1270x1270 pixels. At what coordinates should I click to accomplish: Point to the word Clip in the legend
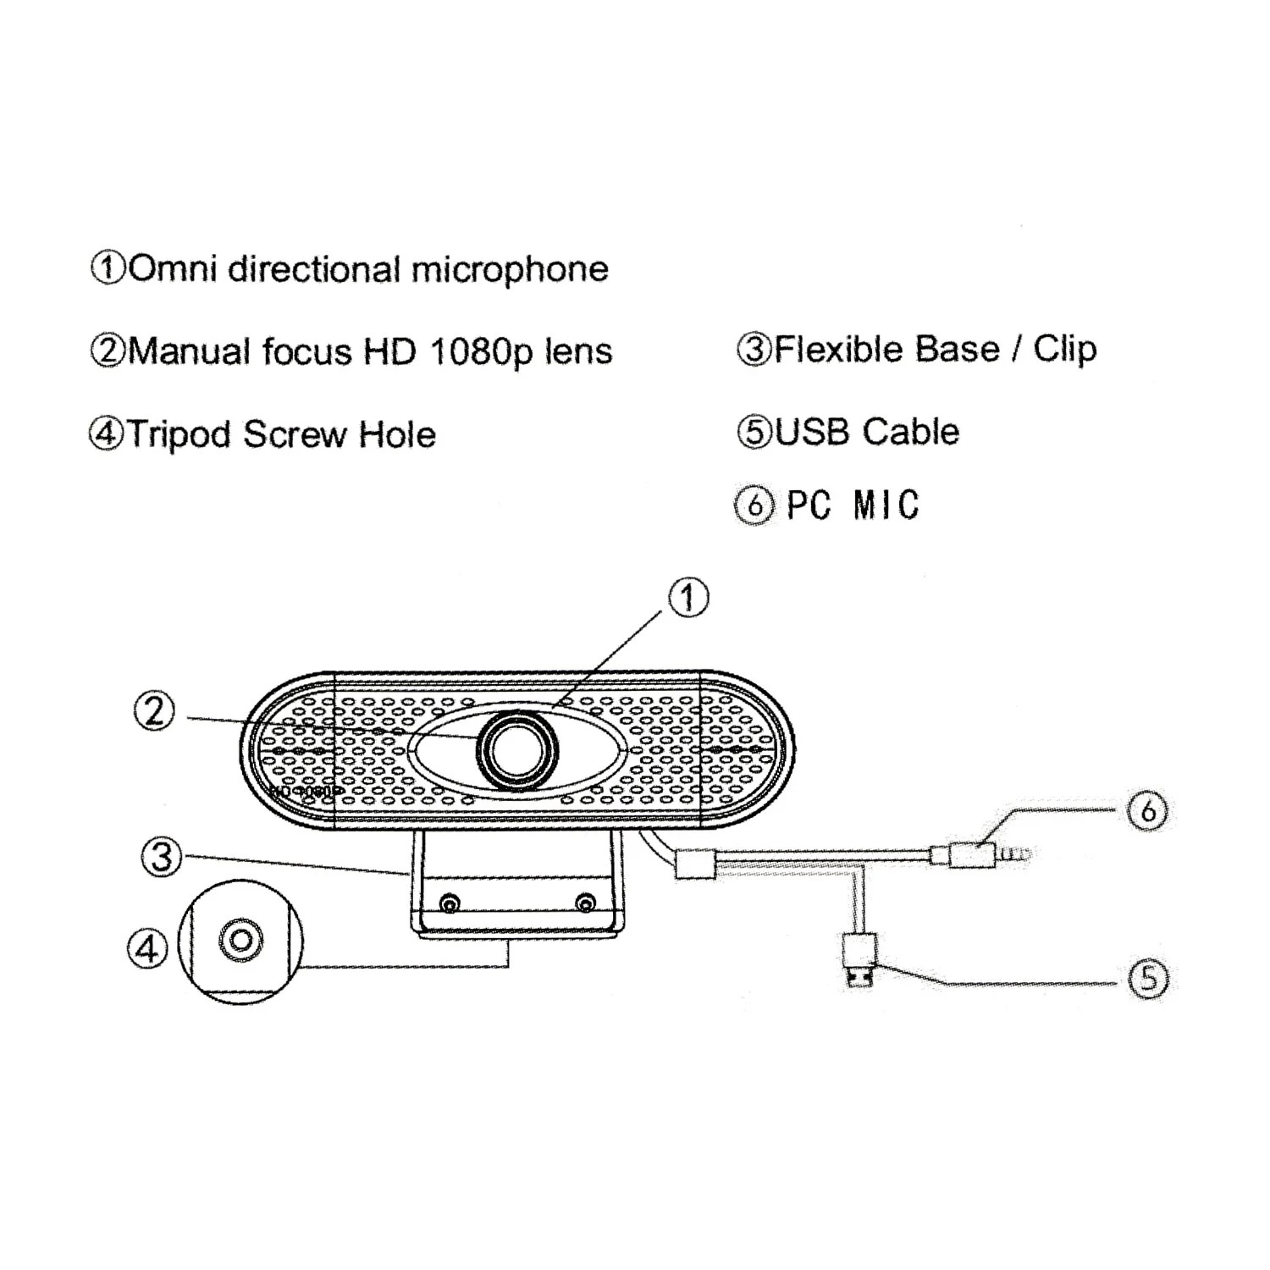click(x=1064, y=350)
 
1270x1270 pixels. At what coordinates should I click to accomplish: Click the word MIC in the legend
click(x=886, y=505)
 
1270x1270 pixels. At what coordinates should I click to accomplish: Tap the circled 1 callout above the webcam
click(x=688, y=599)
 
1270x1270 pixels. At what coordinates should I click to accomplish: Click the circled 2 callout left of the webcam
click(x=154, y=712)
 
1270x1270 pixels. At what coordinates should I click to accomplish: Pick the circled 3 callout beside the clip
click(x=161, y=857)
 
